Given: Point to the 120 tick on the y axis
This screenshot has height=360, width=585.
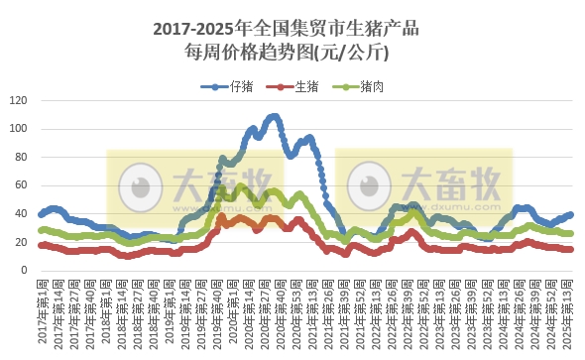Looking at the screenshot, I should tap(18, 100).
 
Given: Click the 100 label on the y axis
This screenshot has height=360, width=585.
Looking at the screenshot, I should tap(18, 129).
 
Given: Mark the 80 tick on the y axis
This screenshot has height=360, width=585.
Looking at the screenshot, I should tap(22, 157).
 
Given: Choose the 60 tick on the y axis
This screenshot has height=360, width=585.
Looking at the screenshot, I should tap(22, 185).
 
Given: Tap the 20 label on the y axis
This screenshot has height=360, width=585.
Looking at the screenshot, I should tap(22, 242).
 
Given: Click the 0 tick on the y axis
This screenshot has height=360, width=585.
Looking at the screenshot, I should tap(25, 270).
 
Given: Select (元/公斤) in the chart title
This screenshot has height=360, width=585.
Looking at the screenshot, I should tap(352, 52).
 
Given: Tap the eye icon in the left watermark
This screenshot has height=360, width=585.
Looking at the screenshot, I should tap(140, 184).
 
